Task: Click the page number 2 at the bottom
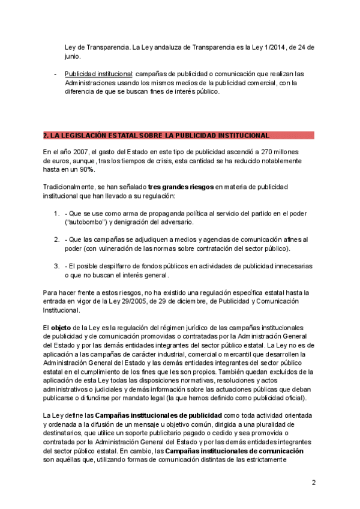point(313,483)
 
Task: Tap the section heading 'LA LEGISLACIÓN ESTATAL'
point(156,136)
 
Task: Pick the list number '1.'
point(56,213)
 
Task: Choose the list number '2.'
point(56,239)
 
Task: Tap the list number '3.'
point(56,266)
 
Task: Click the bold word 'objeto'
point(60,328)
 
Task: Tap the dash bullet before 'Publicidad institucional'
point(56,74)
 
